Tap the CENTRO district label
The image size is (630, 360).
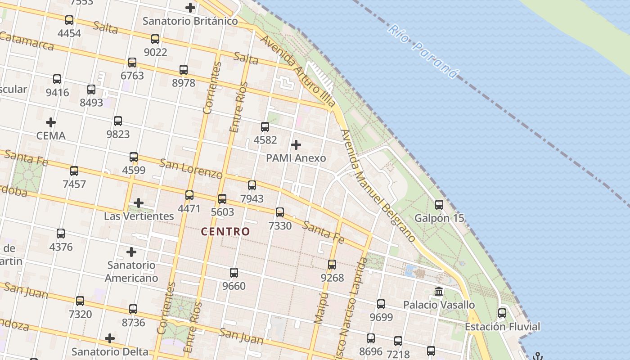tap(225, 232)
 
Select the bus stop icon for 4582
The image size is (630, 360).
tap(265, 127)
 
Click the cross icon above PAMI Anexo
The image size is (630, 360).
tap(296, 145)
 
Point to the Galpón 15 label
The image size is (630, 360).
tap(439, 218)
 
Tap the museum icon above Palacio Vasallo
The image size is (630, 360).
tap(439, 292)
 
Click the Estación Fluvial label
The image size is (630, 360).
tap(502, 327)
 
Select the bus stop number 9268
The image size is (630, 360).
tap(332, 278)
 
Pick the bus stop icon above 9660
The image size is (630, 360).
tap(234, 273)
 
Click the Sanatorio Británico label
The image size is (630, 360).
tap(190, 21)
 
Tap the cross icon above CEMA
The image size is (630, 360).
tap(51, 122)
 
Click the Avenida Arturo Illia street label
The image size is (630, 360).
tap(298, 70)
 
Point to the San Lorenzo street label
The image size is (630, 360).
tap(191, 168)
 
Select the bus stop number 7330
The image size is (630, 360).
tap(280, 225)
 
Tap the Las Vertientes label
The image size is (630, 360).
tap(139, 216)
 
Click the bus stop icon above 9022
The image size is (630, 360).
tap(155, 39)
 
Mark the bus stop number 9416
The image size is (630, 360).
tap(57, 93)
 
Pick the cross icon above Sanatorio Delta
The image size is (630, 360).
tap(110, 338)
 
